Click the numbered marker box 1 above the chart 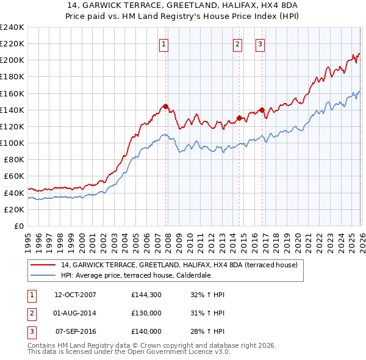pos(165,43)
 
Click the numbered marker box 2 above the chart pos(237,43)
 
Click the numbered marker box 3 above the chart pos(260,43)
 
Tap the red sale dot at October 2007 pos(165,106)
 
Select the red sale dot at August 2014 pos(239,118)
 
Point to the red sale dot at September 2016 pos(262,110)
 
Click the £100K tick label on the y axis pos(12,143)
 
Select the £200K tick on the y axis pos(12,60)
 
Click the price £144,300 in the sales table pos(146,295)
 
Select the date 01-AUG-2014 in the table pos(75,313)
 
